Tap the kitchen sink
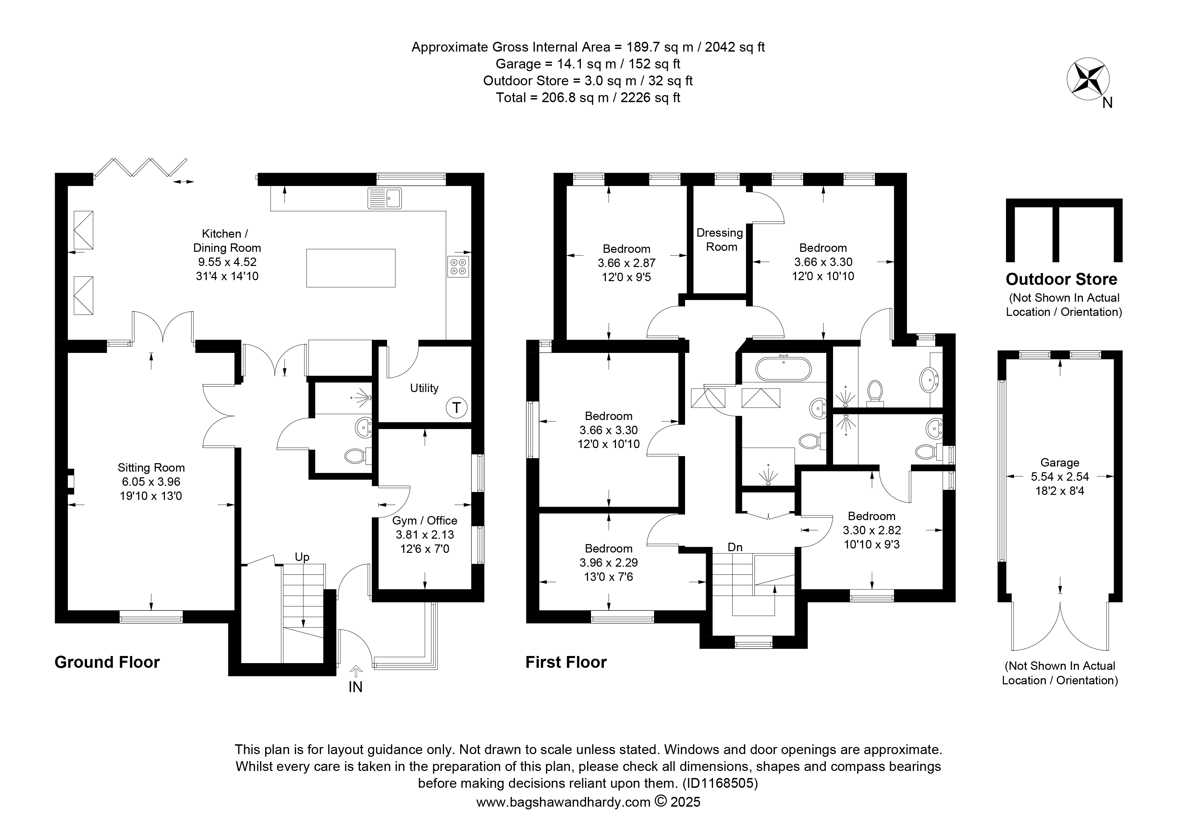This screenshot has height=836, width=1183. pos(385,198)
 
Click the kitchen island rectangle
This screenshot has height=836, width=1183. pos(351,268)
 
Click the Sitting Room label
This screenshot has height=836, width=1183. pos(151,468)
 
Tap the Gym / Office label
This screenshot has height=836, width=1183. pos(424,521)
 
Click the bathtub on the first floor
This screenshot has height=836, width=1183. pos(783,369)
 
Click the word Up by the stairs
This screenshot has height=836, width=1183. pos(302,557)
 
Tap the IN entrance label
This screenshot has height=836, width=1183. pos(356,687)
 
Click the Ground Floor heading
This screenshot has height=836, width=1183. pos(107,662)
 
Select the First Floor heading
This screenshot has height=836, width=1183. pos(566,662)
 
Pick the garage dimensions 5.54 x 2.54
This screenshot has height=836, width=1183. pos(1060,477)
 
